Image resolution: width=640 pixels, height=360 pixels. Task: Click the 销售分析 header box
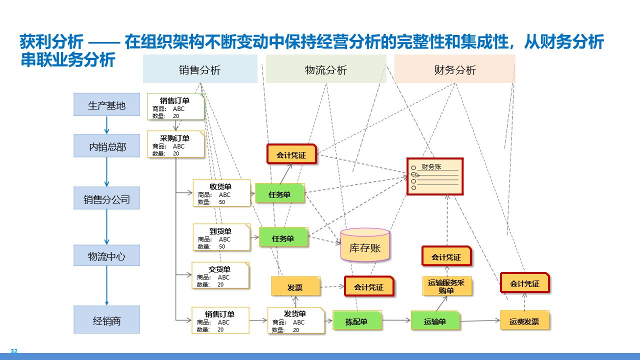tap(200, 69)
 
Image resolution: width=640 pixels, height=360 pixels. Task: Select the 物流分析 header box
tap(326, 69)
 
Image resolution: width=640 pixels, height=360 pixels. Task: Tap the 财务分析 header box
tap(454, 69)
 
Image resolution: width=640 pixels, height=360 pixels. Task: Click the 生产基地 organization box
tap(106, 105)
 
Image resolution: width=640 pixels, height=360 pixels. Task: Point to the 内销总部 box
tap(106, 146)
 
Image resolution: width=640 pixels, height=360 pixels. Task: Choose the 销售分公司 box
tap(106, 199)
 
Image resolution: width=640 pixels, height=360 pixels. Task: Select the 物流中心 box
tap(106, 256)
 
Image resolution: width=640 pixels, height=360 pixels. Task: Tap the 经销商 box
tap(106, 320)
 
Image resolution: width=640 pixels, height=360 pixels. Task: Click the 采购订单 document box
tap(175, 144)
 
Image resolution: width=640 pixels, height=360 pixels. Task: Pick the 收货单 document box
tap(221, 193)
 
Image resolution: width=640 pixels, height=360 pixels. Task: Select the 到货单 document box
tap(221, 237)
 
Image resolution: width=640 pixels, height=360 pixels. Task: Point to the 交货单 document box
tap(220, 275)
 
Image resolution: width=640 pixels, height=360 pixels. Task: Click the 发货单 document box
tap(295, 320)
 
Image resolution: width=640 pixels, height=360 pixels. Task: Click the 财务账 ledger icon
tap(434, 176)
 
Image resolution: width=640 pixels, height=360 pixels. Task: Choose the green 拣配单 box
tap(357, 320)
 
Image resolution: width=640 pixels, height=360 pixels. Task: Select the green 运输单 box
tap(435, 320)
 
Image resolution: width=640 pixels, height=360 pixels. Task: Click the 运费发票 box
tap(524, 320)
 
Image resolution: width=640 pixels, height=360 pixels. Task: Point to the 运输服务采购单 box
tap(446, 286)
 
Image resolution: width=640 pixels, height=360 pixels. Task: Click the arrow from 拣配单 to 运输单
tap(396, 320)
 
